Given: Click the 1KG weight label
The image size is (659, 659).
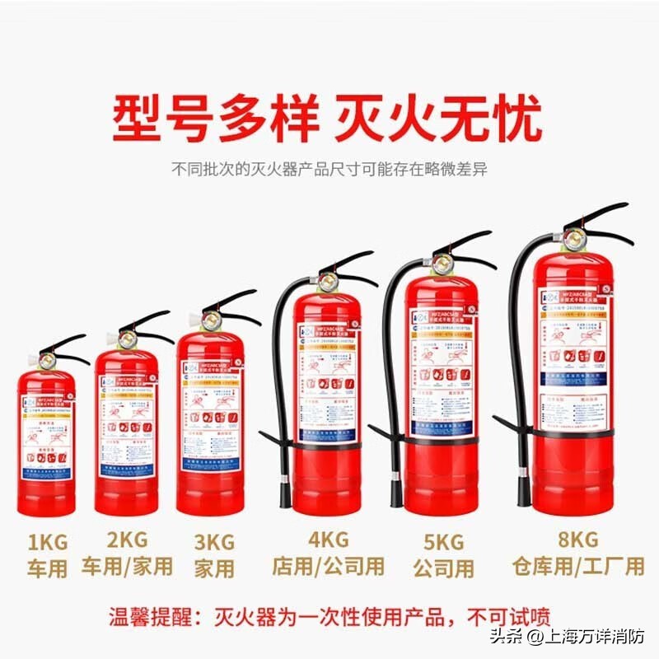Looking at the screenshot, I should point(46,543).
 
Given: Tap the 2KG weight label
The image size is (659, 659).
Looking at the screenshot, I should point(128,540).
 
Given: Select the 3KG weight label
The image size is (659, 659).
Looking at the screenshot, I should point(213,542).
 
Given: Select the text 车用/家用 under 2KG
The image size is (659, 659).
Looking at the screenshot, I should point(128,567).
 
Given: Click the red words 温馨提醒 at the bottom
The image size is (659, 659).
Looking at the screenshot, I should point(157,617).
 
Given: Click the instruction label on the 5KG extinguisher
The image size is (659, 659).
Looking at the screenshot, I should point(442,362).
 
